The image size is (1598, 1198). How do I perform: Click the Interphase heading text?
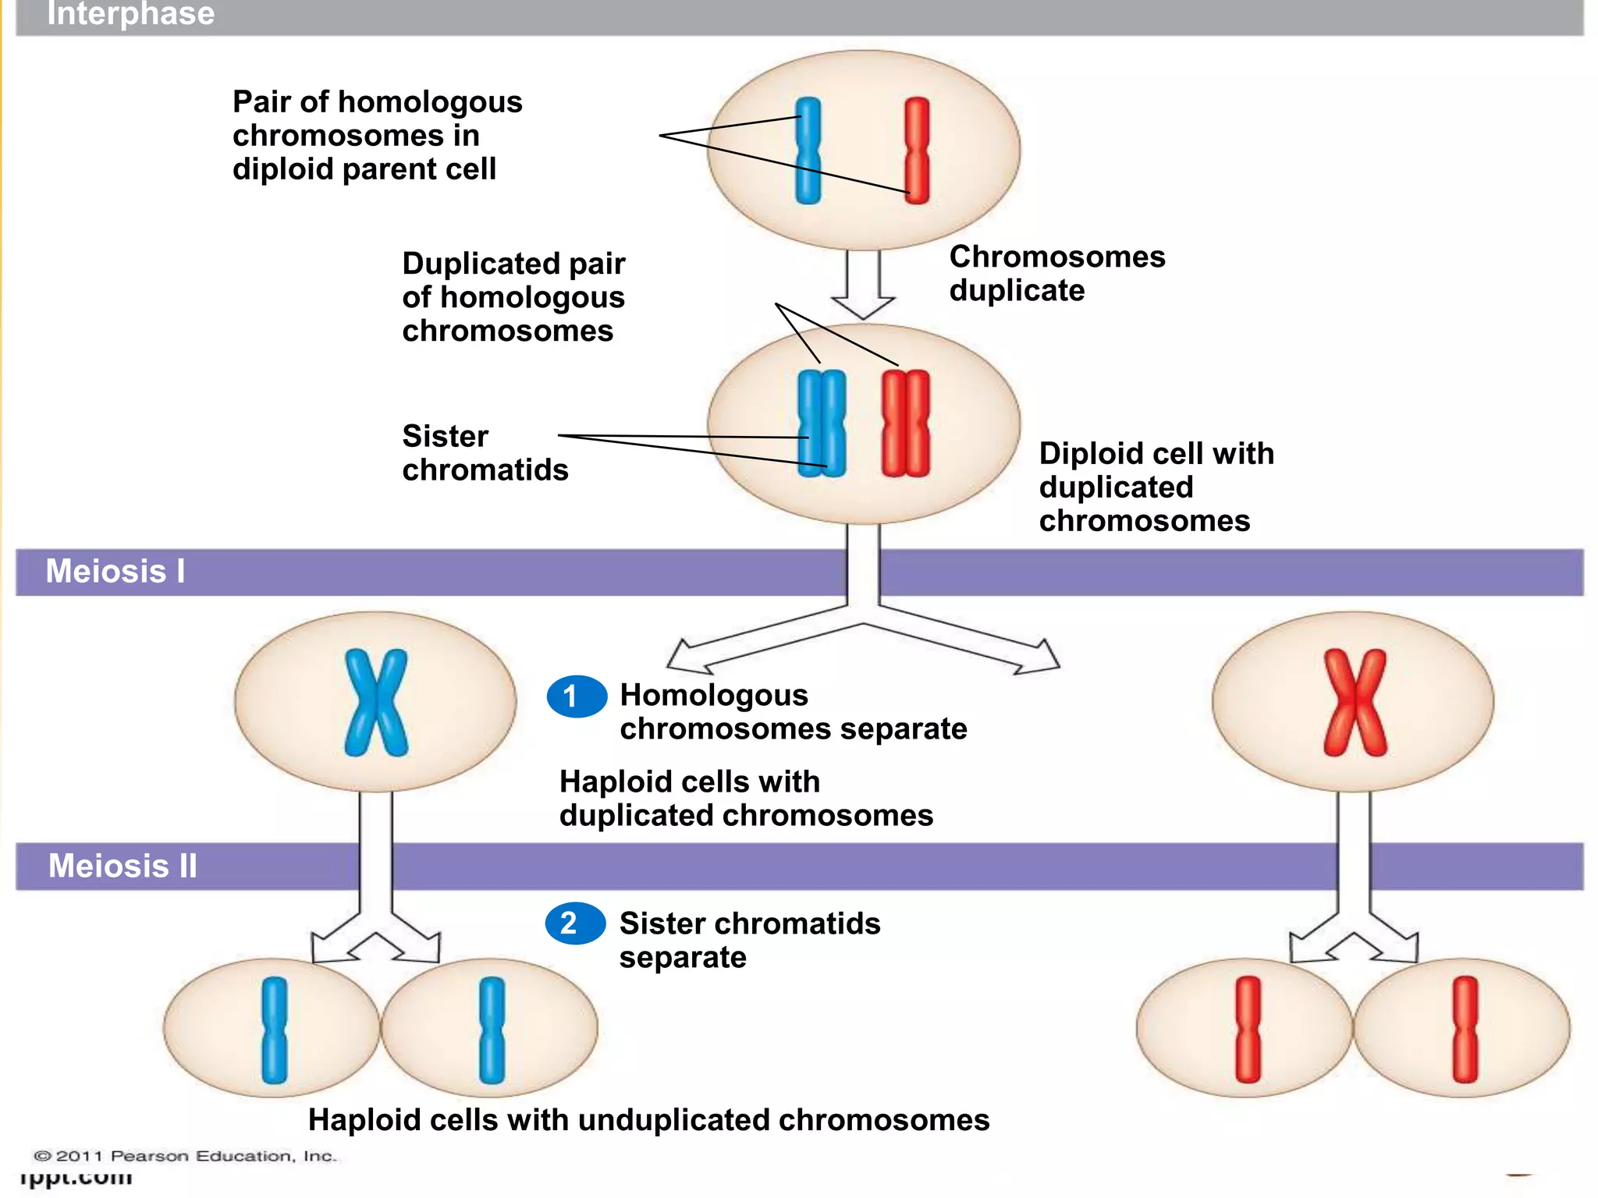[130, 13]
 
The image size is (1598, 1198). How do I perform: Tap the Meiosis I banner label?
[115, 571]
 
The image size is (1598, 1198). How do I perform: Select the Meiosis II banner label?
[123, 866]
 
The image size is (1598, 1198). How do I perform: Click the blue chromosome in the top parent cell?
[808, 151]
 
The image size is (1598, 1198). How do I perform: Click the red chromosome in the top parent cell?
[917, 151]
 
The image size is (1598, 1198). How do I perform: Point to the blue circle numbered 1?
[577, 696]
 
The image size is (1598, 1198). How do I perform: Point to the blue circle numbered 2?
[575, 923]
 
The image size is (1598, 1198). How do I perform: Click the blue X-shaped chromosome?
[376, 702]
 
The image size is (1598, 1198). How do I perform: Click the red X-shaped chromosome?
[1355, 702]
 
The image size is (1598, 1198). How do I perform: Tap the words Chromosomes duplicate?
[1056, 273]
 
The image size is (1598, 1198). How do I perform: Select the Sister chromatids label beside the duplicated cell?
[485, 452]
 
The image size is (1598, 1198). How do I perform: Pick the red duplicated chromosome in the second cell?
[905, 423]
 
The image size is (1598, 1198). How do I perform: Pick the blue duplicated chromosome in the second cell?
[822, 423]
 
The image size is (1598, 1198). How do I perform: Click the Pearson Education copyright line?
[185, 1156]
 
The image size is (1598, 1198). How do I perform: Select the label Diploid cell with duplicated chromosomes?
[1156, 487]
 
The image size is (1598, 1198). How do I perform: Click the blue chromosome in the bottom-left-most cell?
[274, 1030]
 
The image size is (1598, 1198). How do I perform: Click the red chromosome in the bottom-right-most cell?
[1465, 1030]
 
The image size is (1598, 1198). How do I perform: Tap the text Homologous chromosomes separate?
[793, 711]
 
